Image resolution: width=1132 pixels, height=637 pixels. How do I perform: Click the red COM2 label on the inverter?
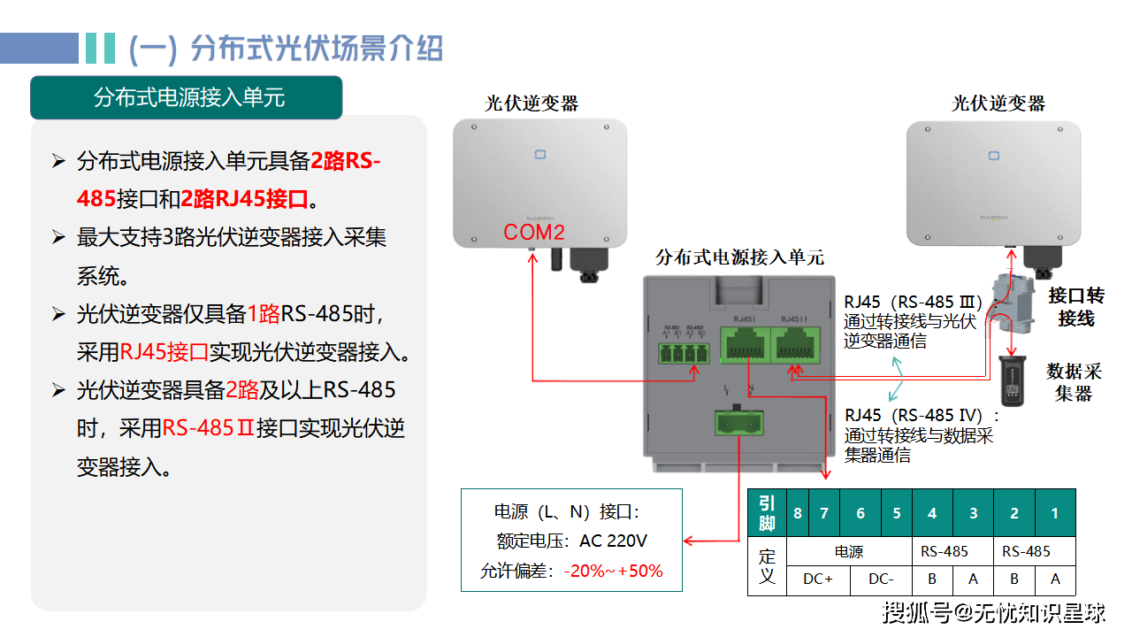tap(534, 233)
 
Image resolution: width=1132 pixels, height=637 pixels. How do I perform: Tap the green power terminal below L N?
tap(739, 424)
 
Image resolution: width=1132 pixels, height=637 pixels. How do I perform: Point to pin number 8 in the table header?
tap(798, 513)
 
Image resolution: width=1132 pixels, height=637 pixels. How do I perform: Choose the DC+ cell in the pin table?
tap(817, 579)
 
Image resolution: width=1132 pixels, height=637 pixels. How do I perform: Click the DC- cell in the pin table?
tap(880, 579)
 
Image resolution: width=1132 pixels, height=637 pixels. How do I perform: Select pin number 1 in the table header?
tap(1054, 513)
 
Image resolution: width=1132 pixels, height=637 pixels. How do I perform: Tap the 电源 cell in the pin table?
tap(848, 551)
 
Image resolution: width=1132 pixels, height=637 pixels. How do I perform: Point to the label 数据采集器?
tap(1074, 381)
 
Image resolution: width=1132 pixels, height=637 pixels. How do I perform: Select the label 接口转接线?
tap(1076, 306)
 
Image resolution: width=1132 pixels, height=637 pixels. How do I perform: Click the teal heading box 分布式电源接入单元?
tap(187, 97)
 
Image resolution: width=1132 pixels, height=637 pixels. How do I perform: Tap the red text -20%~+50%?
tap(613, 571)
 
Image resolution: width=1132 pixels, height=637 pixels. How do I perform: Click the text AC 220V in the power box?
tap(613, 541)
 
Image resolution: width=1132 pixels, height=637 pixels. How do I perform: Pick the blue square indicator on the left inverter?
tap(540, 155)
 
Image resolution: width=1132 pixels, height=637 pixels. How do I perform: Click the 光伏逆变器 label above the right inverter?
tap(998, 104)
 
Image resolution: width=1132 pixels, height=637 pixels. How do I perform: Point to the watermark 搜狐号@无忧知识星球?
tap(995, 611)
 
